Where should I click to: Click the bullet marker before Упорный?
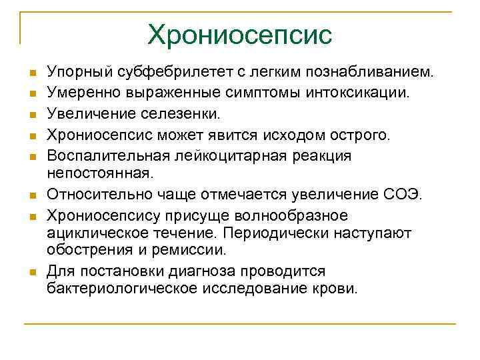click(x=32, y=72)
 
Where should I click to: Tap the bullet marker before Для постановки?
click(x=32, y=272)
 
